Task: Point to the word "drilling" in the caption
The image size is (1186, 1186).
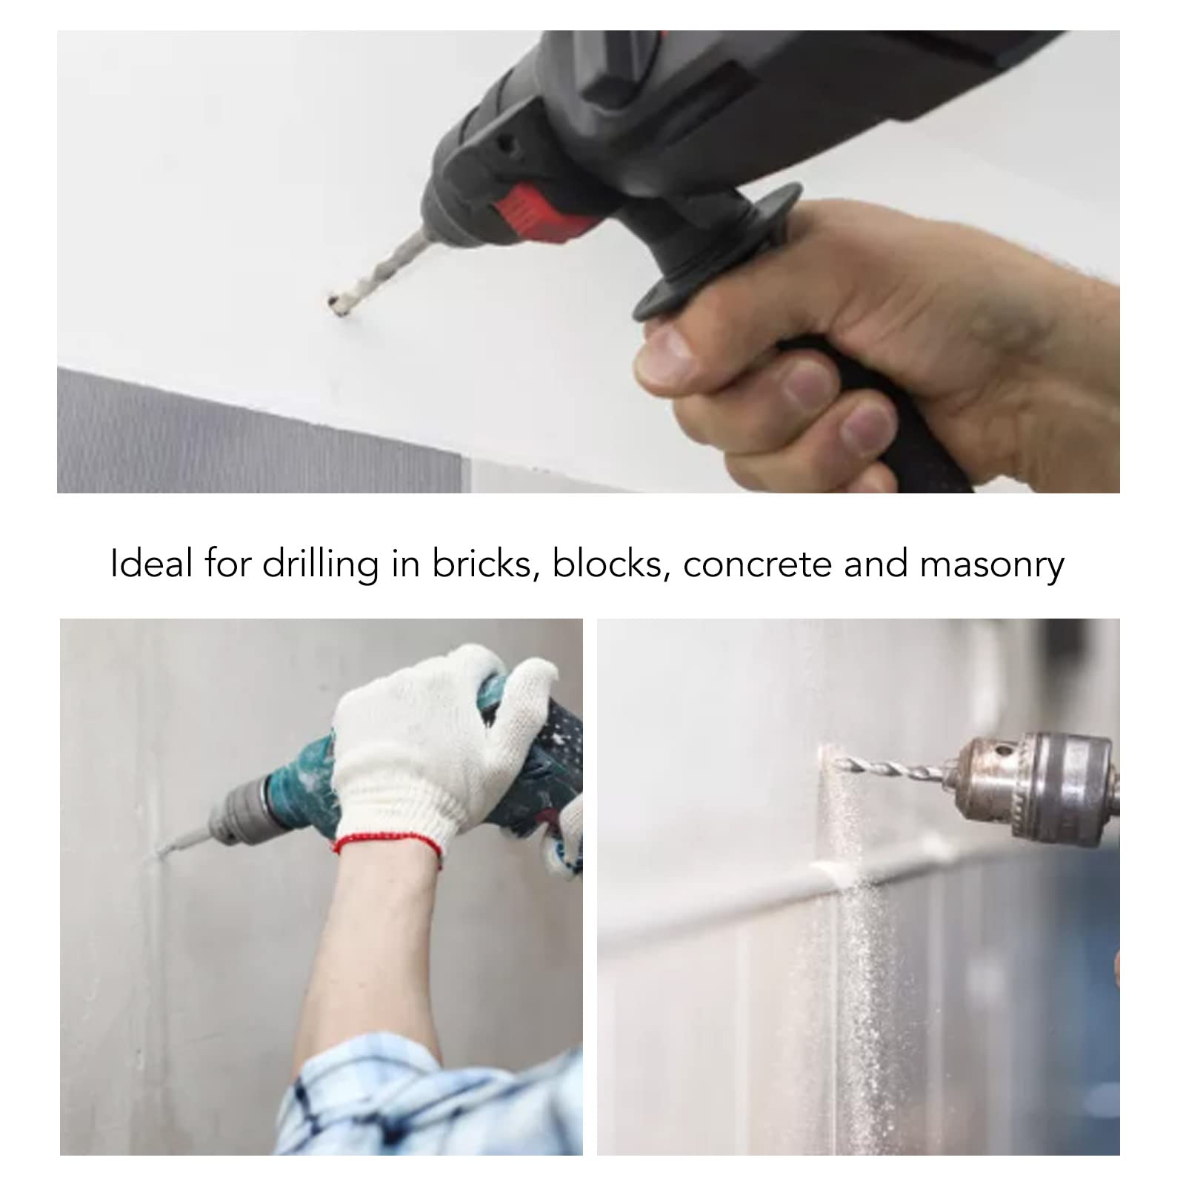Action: pyautogui.click(x=319, y=565)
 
